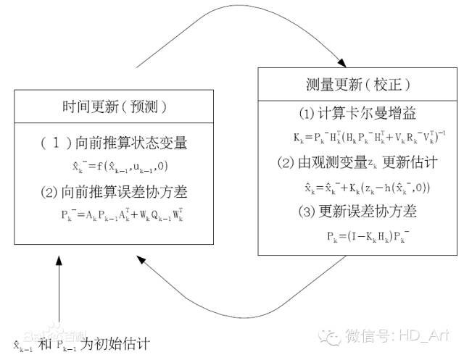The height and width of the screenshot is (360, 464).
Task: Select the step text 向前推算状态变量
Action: tap(138, 143)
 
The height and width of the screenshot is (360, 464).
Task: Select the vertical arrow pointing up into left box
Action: tap(57, 290)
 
